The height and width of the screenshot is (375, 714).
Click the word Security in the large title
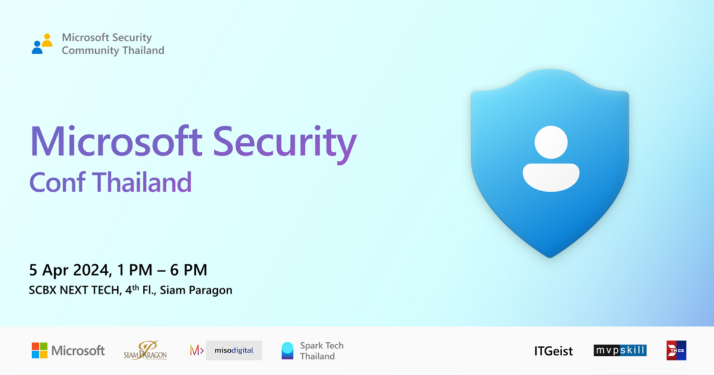[284, 142]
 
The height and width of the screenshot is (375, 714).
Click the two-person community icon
[42, 44]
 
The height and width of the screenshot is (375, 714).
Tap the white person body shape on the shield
[550, 177]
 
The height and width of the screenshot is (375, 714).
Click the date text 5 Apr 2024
[68, 270]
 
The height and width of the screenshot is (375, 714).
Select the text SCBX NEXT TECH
[70, 290]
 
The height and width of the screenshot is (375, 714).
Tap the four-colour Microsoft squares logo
[39, 350]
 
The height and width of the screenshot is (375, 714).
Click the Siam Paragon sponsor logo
[145, 351]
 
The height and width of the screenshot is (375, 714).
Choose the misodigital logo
[226, 351]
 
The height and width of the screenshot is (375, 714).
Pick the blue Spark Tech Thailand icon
[287, 351]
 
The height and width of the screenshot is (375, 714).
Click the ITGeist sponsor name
[553, 351]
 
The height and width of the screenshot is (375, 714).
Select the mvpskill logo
[620, 351]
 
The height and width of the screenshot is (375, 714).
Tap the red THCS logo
[676, 351]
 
